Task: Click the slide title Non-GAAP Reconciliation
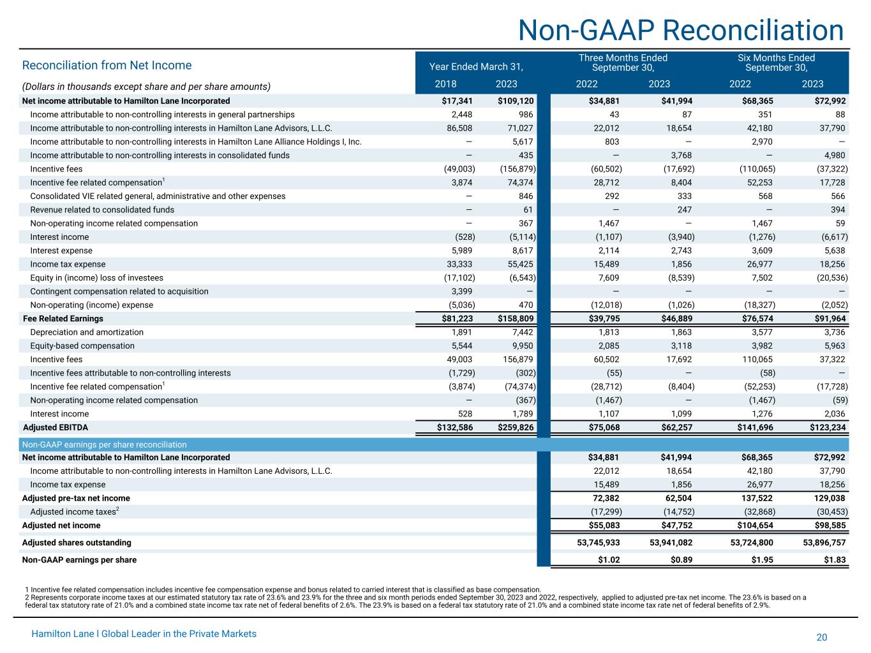[x=680, y=30]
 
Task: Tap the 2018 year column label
[x=445, y=84]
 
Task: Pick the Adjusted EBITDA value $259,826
[x=516, y=427]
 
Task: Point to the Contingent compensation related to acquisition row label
[x=119, y=291]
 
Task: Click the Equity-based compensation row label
[x=82, y=346]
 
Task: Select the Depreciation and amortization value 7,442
[x=521, y=332]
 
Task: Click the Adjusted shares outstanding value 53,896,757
[x=824, y=543]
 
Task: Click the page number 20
[x=821, y=638]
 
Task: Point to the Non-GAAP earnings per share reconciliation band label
[x=105, y=444]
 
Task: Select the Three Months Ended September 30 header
[x=623, y=62]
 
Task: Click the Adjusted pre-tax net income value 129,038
[x=828, y=498]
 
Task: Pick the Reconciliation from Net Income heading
[x=107, y=65]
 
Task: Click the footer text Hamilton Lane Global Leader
[x=144, y=634]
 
